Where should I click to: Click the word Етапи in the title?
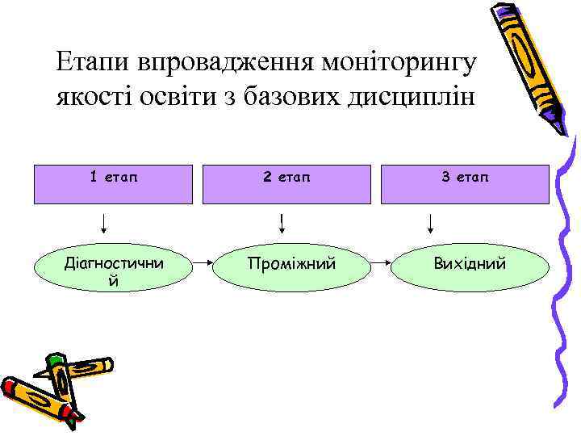point(94,62)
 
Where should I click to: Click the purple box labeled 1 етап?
point(112,183)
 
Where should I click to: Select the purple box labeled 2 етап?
point(286,183)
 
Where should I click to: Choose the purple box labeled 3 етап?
point(464,183)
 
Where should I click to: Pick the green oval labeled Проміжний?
point(291,263)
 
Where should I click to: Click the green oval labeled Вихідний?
point(469,263)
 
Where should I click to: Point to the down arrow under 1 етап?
point(105,222)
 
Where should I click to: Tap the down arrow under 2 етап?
point(282,222)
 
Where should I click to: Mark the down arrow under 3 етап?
point(431,222)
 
